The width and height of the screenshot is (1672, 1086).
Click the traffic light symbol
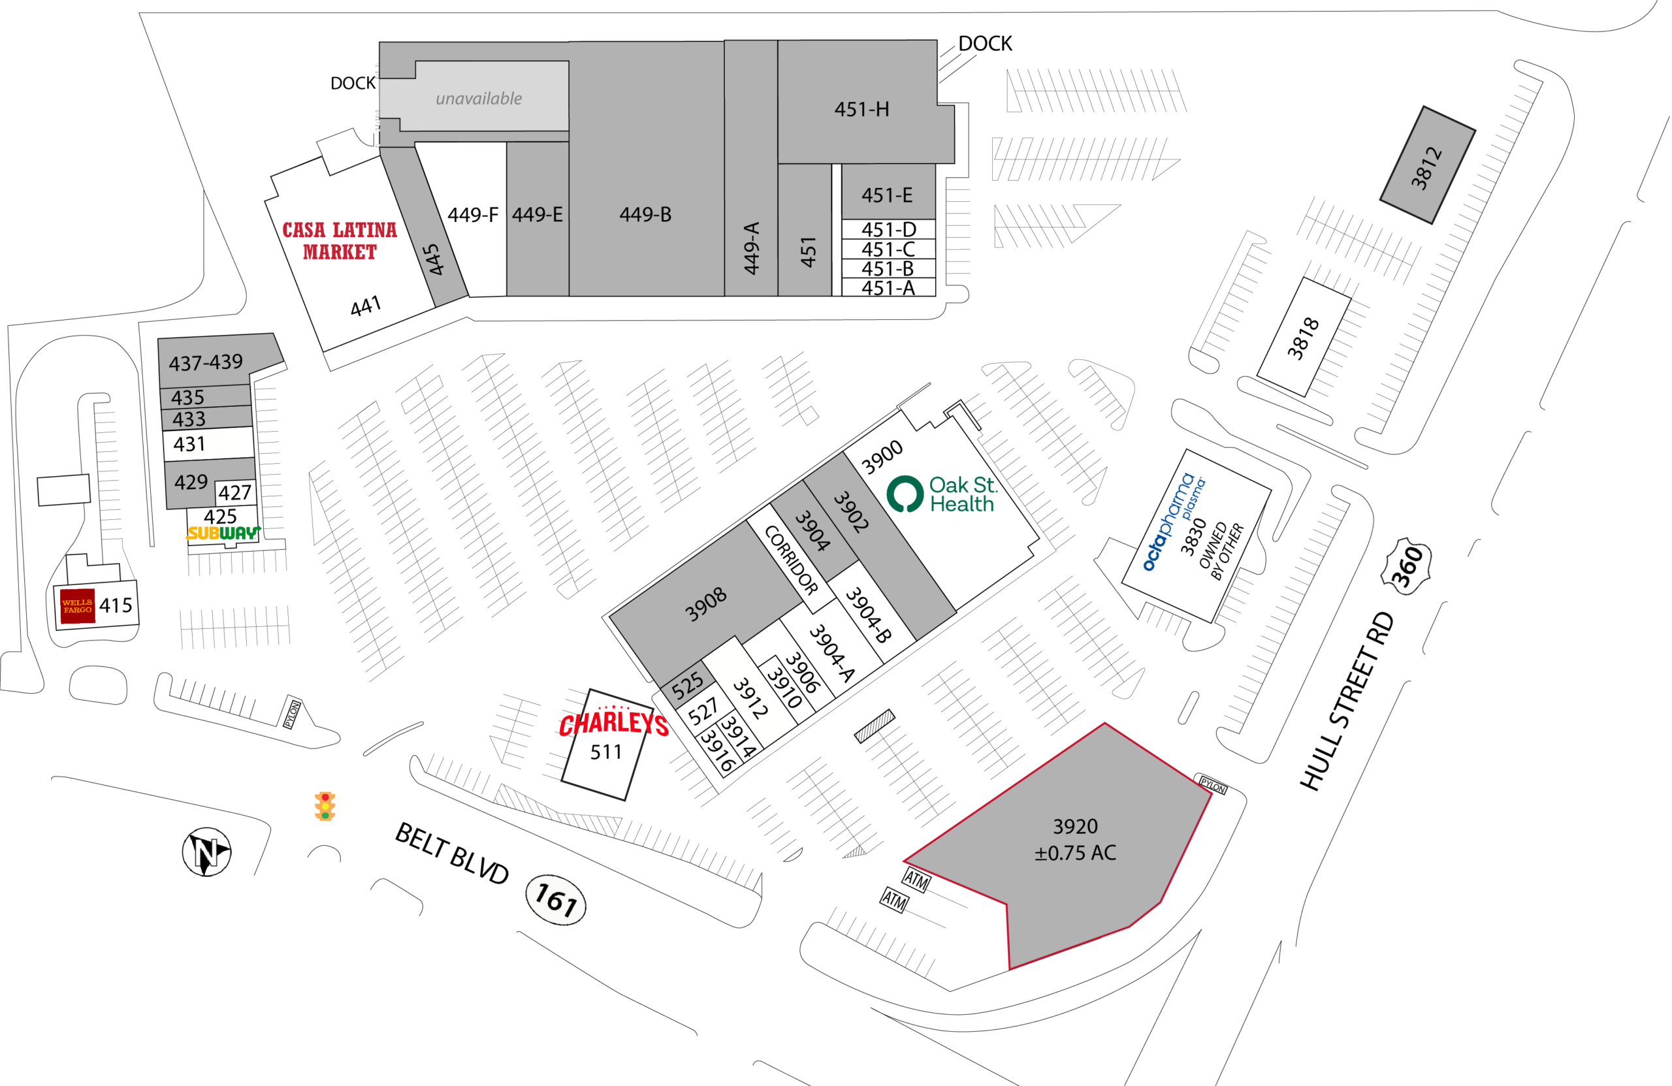[x=325, y=807]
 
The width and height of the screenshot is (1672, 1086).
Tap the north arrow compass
[x=206, y=852]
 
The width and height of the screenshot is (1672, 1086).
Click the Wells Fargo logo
[x=77, y=606]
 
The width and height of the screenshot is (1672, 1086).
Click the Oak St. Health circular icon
[x=905, y=494]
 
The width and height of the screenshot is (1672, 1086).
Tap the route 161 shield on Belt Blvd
[x=556, y=900]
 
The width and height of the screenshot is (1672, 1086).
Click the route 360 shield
[x=1406, y=567]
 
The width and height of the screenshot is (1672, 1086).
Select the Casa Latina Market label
[x=340, y=240]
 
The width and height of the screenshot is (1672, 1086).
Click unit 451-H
[x=862, y=109]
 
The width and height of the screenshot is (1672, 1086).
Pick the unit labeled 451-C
[x=889, y=249]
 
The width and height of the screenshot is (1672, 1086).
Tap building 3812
[x=1428, y=165]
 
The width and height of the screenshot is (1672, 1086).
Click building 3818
[x=1304, y=337]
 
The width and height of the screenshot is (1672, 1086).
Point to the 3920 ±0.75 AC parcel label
[x=1075, y=839]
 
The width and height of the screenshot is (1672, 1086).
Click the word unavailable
[x=479, y=99]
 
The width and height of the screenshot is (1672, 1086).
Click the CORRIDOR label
[x=791, y=560]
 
